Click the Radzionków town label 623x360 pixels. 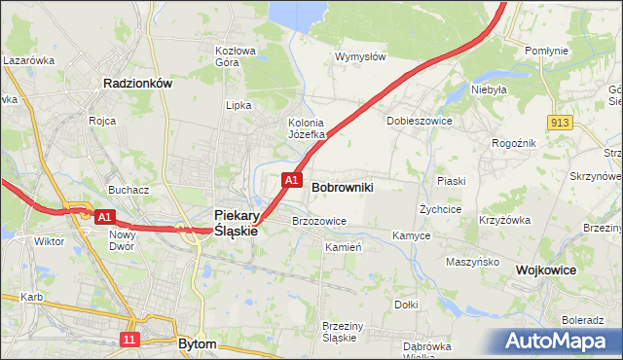pyautogui.click(x=137, y=84)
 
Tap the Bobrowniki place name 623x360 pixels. pyautogui.click(x=342, y=185)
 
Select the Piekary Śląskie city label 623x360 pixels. pyautogui.click(x=236, y=223)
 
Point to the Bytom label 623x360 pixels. pyautogui.click(x=198, y=343)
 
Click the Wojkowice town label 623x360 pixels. pyautogui.click(x=546, y=269)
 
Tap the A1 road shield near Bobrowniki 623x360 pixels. pyautogui.click(x=291, y=180)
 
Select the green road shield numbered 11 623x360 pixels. pyautogui.click(x=129, y=339)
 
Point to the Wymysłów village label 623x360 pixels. pyautogui.click(x=360, y=56)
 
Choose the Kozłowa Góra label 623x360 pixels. pyautogui.click(x=235, y=56)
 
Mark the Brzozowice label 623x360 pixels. pyautogui.click(x=319, y=221)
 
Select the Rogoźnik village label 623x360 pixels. pyautogui.click(x=514, y=144)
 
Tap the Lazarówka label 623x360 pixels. pyautogui.click(x=28, y=60)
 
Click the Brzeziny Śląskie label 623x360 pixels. pyautogui.click(x=340, y=332)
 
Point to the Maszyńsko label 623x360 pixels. pyautogui.click(x=472, y=262)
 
